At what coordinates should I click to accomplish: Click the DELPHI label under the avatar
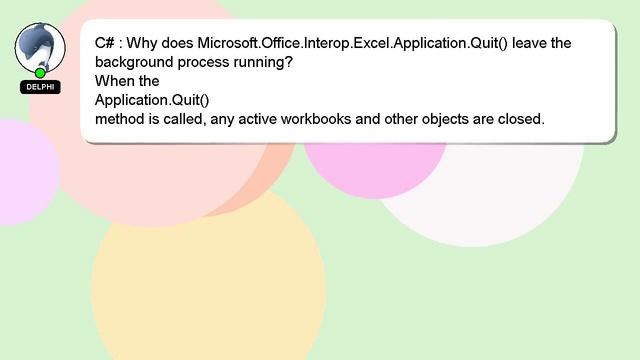pos(40,87)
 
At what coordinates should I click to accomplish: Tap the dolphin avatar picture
pos(40,46)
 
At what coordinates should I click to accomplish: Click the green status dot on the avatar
pos(40,73)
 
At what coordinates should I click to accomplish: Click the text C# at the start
pos(105,43)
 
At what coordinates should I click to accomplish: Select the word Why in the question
pos(148,43)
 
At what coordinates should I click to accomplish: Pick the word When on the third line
pos(113,81)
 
